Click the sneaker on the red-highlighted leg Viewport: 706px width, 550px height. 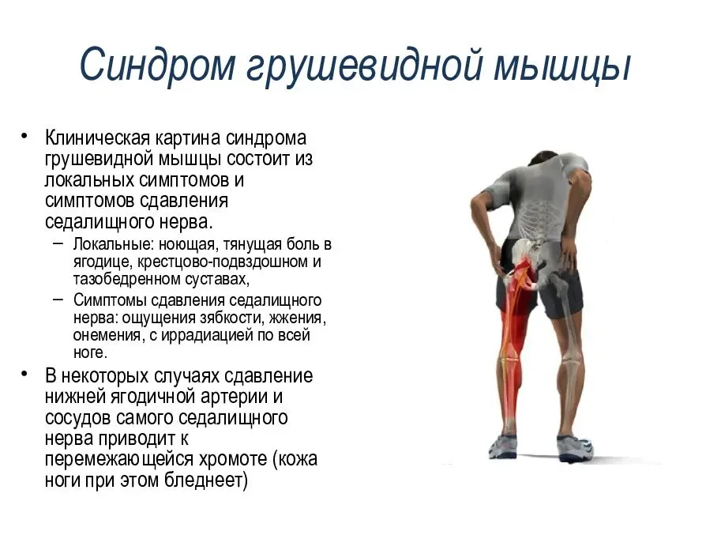[x=503, y=446]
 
